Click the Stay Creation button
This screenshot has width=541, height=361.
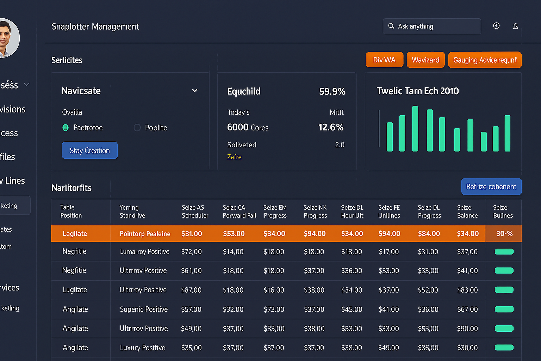tap(90, 151)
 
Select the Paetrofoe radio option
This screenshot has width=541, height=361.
tap(66, 128)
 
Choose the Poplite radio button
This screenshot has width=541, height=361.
tap(137, 128)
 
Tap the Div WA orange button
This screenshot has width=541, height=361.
tap(384, 60)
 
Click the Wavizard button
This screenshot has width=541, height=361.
tap(425, 60)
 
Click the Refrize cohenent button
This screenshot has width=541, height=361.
tap(491, 187)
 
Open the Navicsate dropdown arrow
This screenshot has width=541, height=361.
tap(195, 91)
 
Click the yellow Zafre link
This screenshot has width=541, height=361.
tap(234, 157)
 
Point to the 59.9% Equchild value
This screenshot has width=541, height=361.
tap(332, 92)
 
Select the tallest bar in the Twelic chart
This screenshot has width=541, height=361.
tap(415, 129)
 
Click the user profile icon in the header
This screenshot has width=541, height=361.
tap(515, 26)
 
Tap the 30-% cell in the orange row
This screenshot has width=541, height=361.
tap(504, 233)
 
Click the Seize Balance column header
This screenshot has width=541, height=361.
tap(467, 212)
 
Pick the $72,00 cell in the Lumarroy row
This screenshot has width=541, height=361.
tap(191, 252)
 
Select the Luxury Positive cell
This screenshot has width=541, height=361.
tap(142, 348)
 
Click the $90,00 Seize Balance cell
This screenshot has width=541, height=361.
tap(467, 329)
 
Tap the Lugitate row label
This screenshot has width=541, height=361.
tap(75, 290)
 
